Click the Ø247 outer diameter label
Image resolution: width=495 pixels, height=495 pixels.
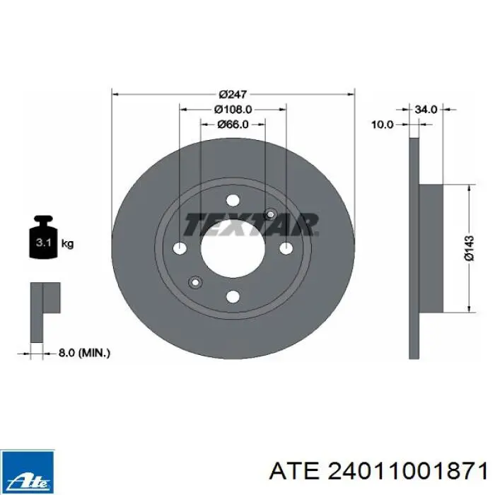(x=233, y=94)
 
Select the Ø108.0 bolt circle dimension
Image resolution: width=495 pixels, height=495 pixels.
(x=233, y=110)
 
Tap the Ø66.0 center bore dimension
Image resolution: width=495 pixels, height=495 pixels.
(x=233, y=124)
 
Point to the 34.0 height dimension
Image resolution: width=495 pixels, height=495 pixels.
(x=426, y=110)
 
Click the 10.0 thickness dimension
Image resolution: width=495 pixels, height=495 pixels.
(x=383, y=124)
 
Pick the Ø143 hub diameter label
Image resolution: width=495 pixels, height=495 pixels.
(x=469, y=248)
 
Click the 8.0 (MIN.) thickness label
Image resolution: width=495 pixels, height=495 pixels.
(x=84, y=353)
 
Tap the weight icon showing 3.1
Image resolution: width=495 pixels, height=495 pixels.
(x=43, y=238)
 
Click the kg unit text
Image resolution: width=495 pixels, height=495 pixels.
(x=67, y=243)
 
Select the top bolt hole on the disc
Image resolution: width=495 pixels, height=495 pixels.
(x=233, y=200)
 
